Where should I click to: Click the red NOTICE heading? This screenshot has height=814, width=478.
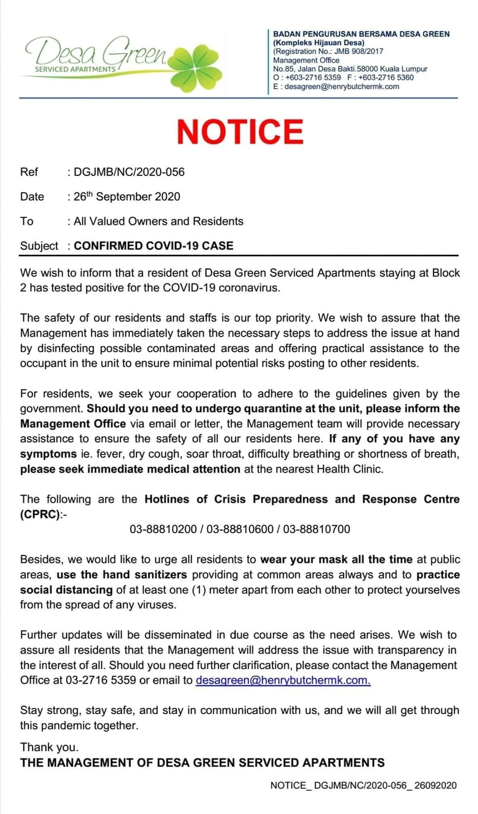coord(240,132)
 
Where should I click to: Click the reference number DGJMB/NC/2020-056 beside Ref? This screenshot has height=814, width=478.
coord(129,172)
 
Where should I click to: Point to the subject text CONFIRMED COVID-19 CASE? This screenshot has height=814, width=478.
coord(153,246)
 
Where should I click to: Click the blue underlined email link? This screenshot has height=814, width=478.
coord(283,680)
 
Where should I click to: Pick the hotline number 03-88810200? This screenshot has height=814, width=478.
coord(163,529)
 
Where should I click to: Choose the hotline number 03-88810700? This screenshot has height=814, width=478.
coord(317,529)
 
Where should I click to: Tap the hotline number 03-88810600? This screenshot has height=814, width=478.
coord(240,529)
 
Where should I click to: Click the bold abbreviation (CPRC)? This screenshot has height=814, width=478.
coord(40,514)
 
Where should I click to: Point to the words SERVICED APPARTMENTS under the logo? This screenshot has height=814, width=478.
coord(75,69)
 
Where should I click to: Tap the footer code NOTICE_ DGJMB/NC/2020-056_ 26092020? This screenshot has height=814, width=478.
coord(363,785)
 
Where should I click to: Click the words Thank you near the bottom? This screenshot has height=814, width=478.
coord(49,747)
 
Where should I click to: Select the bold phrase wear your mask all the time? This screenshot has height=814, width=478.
coord(336,559)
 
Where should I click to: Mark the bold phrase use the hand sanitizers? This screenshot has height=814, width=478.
coord(122,574)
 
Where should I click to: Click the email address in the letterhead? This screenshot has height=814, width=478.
coord(342,86)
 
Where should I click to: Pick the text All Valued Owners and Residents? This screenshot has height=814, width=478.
coord(158,221)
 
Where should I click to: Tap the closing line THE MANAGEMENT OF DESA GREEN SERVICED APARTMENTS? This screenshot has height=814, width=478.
coord(202,763)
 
